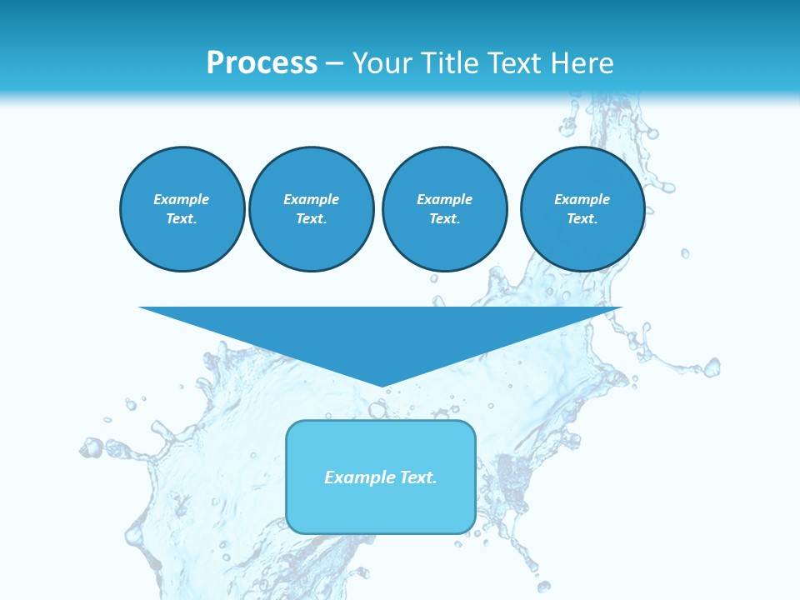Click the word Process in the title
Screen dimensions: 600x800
262,63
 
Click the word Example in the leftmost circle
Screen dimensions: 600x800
182,199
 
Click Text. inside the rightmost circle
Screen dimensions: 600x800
582,218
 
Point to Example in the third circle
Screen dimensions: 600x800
444,199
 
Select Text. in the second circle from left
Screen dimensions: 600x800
311,218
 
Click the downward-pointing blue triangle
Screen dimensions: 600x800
381,333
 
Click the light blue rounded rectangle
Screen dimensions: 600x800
381,508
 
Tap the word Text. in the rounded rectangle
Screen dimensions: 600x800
418,477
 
